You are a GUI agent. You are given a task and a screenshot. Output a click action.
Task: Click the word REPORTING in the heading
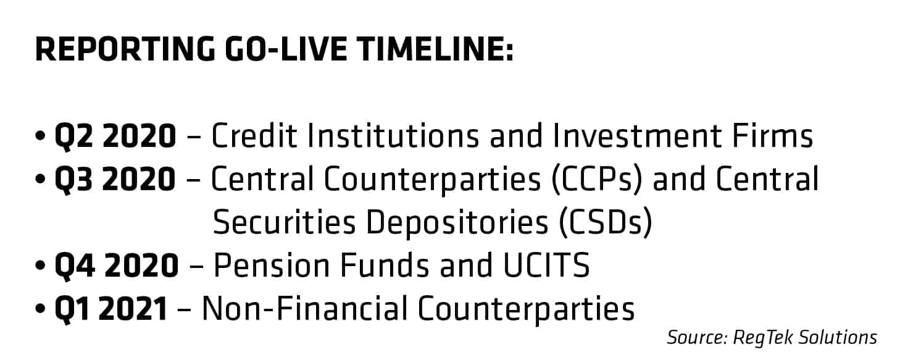(125, 49)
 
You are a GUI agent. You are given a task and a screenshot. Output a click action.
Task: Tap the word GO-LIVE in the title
(286, 49)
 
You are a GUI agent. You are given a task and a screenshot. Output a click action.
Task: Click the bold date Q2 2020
(115, 136)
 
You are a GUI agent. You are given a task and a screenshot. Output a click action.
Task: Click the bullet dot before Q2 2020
(40, 136)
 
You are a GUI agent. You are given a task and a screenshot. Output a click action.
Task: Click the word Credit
(254, 136)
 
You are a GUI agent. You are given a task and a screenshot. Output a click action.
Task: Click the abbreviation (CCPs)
(597, 180)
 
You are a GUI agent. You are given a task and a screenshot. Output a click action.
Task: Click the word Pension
(272, 266)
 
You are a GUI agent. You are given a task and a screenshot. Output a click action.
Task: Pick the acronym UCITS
(546, 266)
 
